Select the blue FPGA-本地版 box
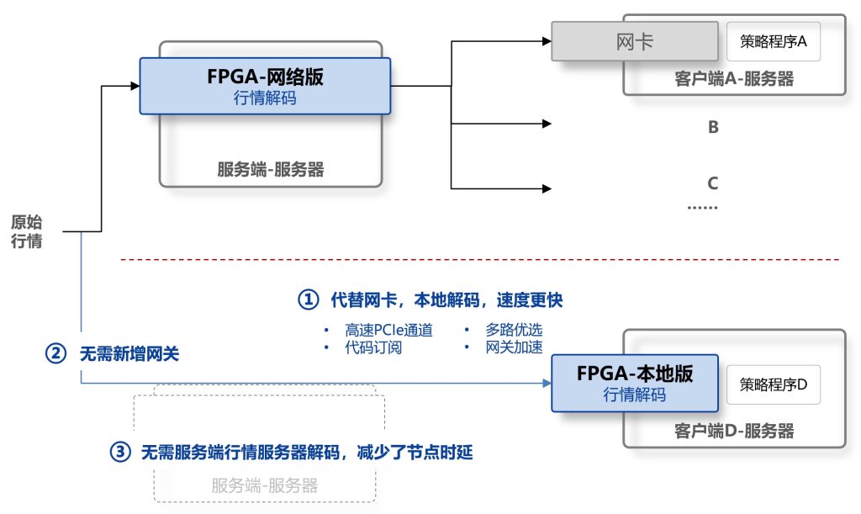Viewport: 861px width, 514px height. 635,383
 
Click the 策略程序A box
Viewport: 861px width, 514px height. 774,41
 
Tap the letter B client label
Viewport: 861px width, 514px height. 713,128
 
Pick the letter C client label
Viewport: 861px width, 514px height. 713,183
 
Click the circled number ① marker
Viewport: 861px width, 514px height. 310,299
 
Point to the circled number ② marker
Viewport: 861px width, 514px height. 55,354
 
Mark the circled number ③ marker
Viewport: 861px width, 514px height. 121,453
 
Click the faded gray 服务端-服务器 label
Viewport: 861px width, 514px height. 266,485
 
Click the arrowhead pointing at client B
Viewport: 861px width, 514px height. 547,125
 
